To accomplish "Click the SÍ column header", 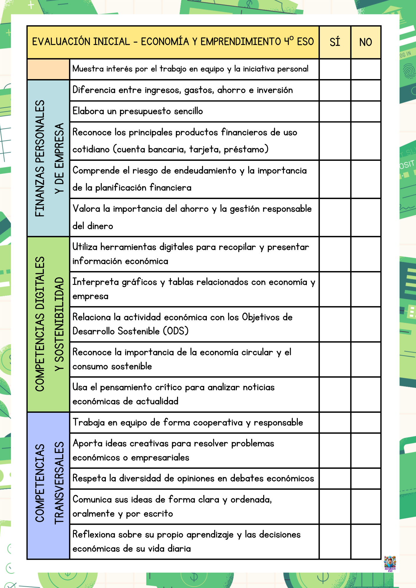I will (335, 42).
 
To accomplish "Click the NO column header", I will (366, 42).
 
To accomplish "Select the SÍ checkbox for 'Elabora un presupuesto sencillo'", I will (335, 111).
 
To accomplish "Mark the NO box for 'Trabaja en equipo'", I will (366, 422).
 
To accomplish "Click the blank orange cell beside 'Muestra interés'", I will (48, 69).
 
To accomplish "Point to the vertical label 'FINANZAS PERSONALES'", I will (40, 158).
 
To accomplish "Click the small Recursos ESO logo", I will (390, 563).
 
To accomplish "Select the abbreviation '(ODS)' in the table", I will (176, 331).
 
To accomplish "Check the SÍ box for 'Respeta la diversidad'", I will (335, 478).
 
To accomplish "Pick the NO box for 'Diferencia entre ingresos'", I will (366, 90).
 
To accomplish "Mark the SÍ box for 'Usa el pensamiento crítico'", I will (335, 394).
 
